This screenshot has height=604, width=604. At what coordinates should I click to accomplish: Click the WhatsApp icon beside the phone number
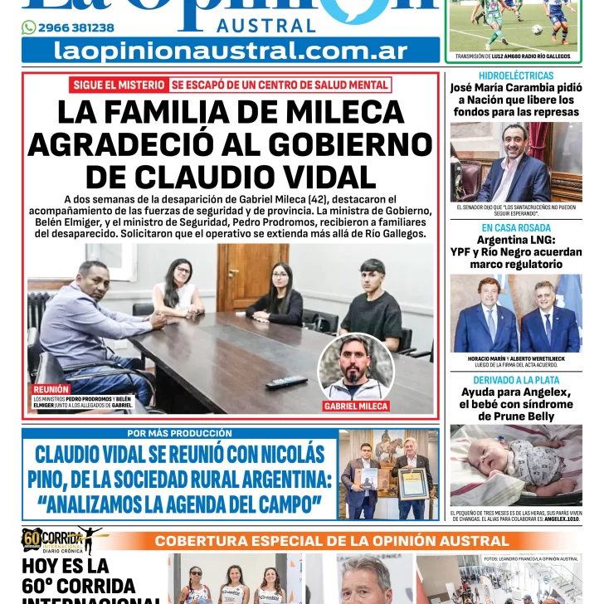[29, 27]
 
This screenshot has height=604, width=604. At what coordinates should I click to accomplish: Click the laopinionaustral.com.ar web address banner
[230, 51]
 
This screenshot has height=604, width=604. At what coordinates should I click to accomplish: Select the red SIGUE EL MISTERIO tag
[119, 85]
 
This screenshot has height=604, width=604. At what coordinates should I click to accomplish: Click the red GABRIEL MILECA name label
[356, 407]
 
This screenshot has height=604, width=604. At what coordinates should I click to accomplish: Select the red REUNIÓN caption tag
[51, 389]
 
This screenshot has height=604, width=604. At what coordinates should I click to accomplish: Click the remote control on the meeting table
[286, 382]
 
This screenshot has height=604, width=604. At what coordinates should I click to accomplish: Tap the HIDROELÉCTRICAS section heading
[515, 75]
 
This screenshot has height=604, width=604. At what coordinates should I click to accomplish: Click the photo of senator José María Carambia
[515, 162]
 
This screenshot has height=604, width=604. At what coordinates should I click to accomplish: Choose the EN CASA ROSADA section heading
[515, 227]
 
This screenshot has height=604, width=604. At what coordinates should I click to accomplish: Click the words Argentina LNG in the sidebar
[515, 240]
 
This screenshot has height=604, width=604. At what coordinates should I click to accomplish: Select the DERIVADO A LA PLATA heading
[515, 380]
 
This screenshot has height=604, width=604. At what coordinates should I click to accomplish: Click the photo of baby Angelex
[515, 465]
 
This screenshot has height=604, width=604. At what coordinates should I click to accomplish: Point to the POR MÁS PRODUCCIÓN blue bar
[180, 433]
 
